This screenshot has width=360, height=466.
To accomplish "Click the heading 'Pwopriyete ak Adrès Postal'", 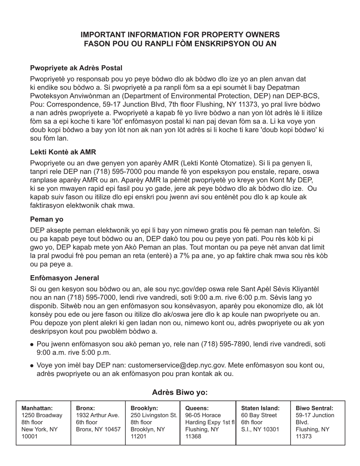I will point(76,68).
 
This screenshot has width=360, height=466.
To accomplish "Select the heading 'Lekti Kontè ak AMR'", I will point(63,152).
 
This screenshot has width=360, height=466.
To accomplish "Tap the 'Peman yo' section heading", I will point(47,219).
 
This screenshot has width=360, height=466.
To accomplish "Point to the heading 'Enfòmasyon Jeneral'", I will point(64,278).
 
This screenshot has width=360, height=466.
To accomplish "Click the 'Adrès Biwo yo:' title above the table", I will point(180,392).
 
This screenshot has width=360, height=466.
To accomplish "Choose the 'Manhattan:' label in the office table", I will point(37,408).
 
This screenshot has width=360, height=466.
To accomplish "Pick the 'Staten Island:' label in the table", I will point(260,408).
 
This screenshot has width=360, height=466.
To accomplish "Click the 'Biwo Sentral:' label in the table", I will point(314,408).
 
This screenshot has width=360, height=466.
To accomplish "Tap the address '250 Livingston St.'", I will point(153,415).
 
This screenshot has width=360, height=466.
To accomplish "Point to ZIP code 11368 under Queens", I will point(193,436).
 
